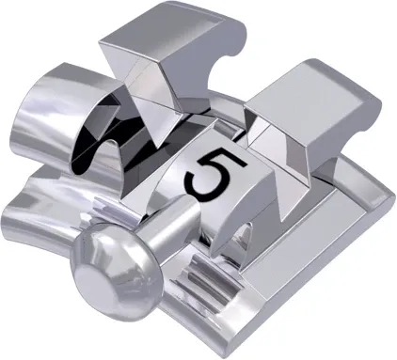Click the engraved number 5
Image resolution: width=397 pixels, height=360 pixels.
click(209, 176)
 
